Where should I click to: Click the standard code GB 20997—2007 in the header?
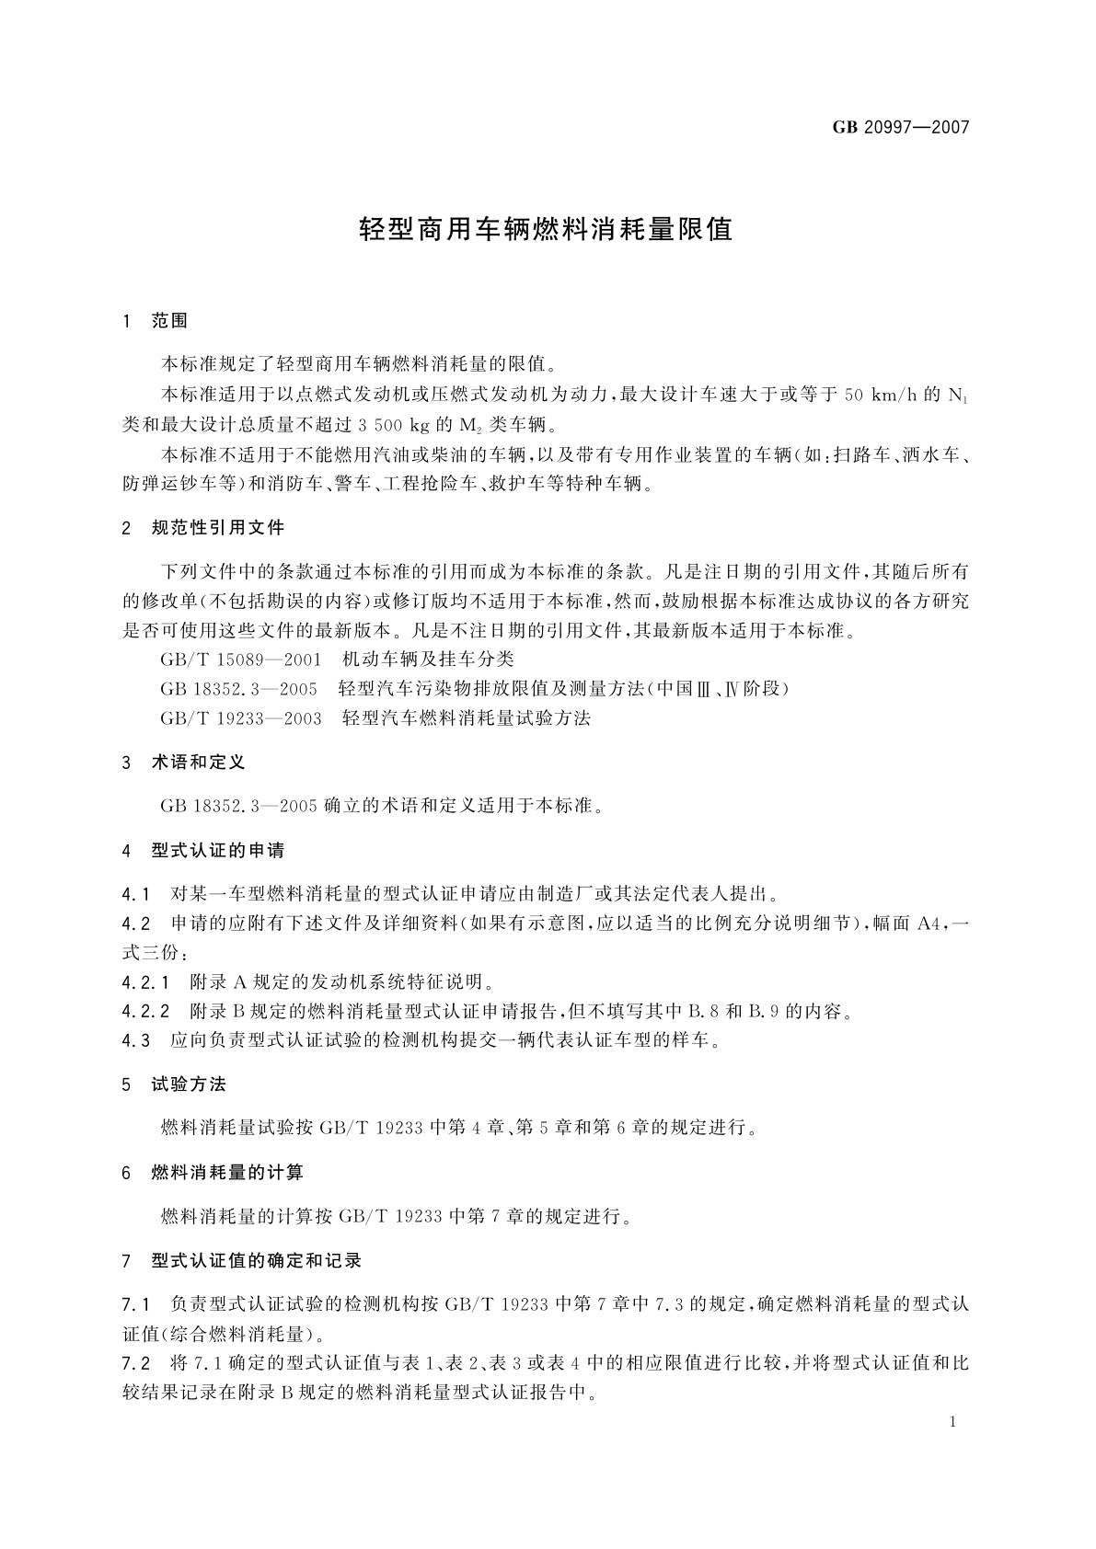[x=901, y=128]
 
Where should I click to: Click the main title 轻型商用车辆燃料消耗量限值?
[x=546, y=230]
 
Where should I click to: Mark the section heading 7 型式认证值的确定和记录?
[x=242, y=1260]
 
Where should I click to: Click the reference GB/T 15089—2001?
[x=241, y=660]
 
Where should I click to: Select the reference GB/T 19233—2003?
[x=241, y=718]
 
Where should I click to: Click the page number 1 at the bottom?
[x=952, y=1422]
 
